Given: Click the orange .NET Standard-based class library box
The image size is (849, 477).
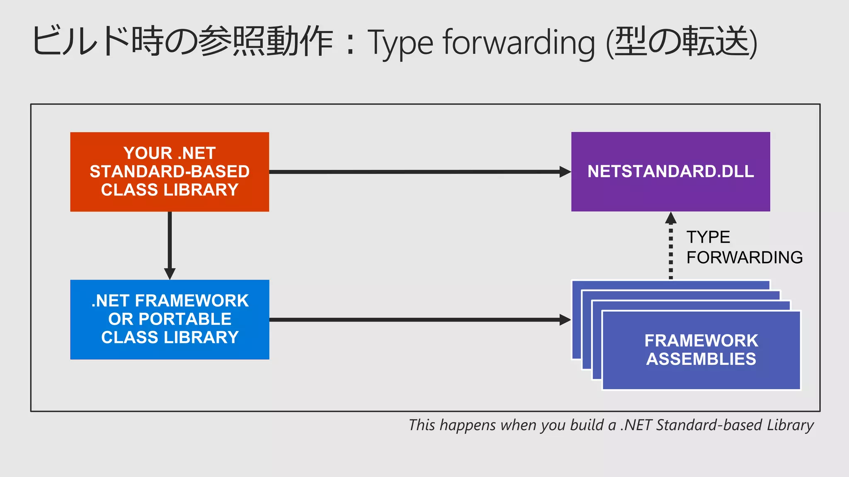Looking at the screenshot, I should [x=170, y=172].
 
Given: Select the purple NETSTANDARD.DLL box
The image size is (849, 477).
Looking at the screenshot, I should [x=670, y=171].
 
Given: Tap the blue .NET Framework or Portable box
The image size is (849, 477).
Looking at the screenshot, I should [x=170, y=319].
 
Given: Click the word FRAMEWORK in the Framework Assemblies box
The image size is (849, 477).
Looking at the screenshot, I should [x=701, y=341].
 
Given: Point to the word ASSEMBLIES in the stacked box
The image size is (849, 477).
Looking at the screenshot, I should [x=701, y=359].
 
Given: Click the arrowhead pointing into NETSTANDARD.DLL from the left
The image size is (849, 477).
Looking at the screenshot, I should [x=565, y=172].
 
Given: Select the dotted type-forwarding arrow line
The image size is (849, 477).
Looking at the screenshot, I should [x=671, y=253].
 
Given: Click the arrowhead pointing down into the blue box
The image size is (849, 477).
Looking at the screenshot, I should [x=170, y=274].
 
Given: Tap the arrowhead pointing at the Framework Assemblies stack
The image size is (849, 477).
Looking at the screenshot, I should [x=565, y=320].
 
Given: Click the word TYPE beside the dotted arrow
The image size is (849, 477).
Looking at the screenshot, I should [x=708, y=237].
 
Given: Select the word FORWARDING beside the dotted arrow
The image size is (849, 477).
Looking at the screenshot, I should [x=745, y=258].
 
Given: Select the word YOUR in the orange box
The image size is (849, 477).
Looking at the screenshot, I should [x=148, y=153].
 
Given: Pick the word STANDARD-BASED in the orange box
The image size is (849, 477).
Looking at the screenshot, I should [x=170, y=171].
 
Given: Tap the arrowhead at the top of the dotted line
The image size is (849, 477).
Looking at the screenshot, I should [x=671, y=218].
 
